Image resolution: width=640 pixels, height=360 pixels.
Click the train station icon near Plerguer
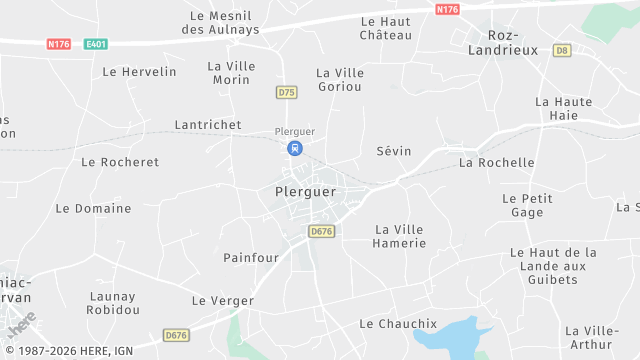(294, 148)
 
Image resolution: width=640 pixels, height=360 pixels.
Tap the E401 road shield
(96, 44)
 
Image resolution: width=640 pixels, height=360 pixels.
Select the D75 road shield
(287, 92)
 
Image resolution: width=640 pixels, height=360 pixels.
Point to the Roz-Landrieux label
(490, 41)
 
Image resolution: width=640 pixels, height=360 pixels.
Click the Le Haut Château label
(386, 28)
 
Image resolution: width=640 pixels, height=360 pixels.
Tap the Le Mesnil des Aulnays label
(224, 23)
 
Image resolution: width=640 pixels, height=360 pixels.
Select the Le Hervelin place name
(139, 72)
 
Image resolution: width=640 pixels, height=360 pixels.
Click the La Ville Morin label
(231, 72)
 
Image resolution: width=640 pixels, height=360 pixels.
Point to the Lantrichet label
(207, 124)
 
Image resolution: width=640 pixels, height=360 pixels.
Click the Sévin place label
(393, 151)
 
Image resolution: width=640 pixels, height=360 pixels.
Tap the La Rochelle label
(496, 162)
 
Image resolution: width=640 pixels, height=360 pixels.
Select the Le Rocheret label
(120, 162)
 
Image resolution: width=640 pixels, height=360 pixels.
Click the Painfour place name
(251, 257)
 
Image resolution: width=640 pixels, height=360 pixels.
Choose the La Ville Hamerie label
(399, 236)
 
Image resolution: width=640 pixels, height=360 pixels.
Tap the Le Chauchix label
(398, 324)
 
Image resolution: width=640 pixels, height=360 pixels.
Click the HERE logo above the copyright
(21, 326)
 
